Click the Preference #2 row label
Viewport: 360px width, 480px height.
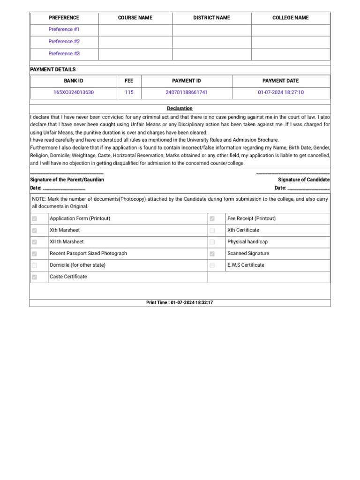click(x=64, y=41)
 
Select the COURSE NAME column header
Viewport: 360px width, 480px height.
click(x=135, y=18)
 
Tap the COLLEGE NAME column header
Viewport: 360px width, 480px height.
click(x=290, y=18)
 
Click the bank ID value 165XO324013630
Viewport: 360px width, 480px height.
click(x=74, y=92)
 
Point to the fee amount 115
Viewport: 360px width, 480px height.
click(x=129, y=92)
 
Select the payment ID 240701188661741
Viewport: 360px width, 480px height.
click(x=187, y=92)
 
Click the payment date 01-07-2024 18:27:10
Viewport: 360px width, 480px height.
click(x=281, y=92)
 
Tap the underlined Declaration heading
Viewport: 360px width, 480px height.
click(x=180, y=108)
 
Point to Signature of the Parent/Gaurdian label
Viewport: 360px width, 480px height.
click(x=67, y=180)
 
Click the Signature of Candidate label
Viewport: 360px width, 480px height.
click(x=304, y=180)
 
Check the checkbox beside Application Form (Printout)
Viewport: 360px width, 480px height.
click(x=34, y=219)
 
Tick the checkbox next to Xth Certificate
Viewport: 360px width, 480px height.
click(x=212, y=231)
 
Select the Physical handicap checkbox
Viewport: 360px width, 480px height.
click(x=212, y=242)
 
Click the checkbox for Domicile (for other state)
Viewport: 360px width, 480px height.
click(x=34, y=265)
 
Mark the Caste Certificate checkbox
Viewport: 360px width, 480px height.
click(x=34, y=277)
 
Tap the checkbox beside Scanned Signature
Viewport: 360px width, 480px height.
click(x=212, y=254)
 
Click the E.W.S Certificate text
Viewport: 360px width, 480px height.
click(x=246, y=265)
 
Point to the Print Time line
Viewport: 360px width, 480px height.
click(x=180, y=303)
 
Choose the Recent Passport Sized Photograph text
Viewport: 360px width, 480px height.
click(x=88, y=253)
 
